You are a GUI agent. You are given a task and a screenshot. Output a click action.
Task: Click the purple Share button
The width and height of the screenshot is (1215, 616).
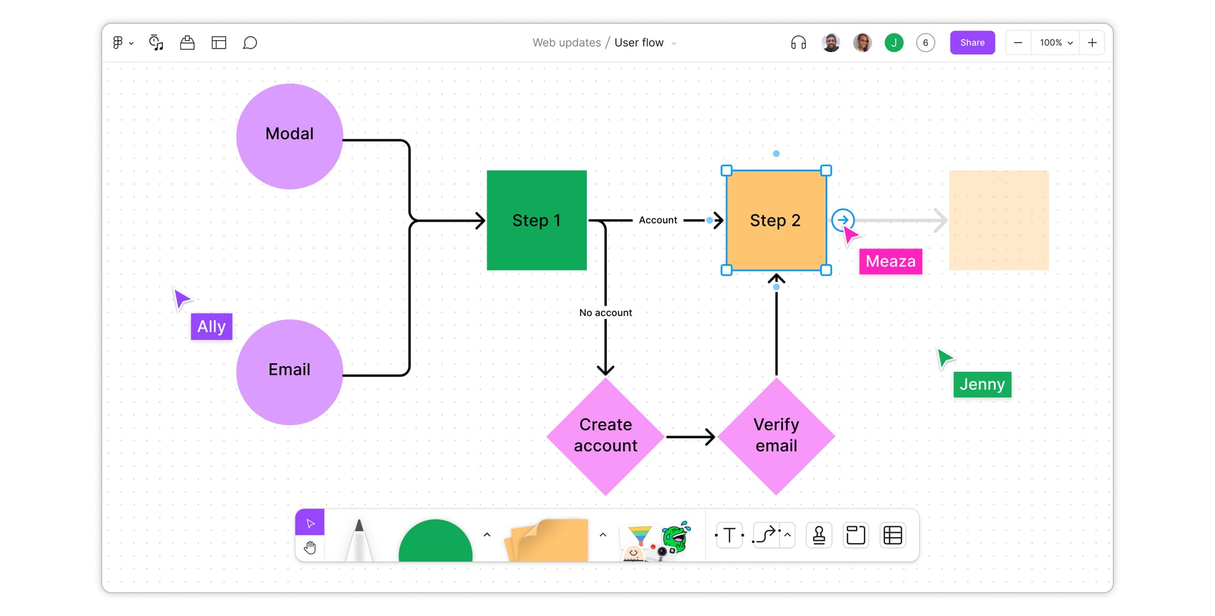pos(972,43)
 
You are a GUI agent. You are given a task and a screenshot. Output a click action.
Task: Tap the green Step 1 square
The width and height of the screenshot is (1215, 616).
pos(536,220)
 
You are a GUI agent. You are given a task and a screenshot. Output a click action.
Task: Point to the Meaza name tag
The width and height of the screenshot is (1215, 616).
pos(890,261)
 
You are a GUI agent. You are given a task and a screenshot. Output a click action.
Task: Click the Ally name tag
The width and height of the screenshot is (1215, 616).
pos(211,327)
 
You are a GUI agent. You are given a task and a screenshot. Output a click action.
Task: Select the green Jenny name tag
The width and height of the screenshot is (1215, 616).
pos(982,385)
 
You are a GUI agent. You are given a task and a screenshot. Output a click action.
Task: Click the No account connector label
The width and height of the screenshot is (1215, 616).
pos(605,312)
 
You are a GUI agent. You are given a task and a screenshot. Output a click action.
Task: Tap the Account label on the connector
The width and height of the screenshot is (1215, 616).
pos(657,220)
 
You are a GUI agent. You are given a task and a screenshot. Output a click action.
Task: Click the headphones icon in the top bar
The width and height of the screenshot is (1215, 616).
pos(798,43)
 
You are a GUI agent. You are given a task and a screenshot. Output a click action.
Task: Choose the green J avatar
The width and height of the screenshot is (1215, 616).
pos(894,43)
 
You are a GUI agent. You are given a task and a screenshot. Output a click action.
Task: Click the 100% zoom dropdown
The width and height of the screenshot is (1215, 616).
pos(1056,43)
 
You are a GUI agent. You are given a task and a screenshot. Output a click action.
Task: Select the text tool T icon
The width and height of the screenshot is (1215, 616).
pos(729,535)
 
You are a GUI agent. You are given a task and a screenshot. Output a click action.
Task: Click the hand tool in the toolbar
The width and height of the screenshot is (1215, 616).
pos(310,548)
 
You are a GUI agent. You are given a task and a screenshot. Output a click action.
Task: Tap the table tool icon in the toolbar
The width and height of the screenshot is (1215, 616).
pos(892,535)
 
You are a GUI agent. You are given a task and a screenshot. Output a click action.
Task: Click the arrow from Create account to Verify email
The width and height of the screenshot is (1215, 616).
pos(690,437)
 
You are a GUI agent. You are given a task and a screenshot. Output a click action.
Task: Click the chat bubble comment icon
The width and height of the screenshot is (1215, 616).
pos(250,43)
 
